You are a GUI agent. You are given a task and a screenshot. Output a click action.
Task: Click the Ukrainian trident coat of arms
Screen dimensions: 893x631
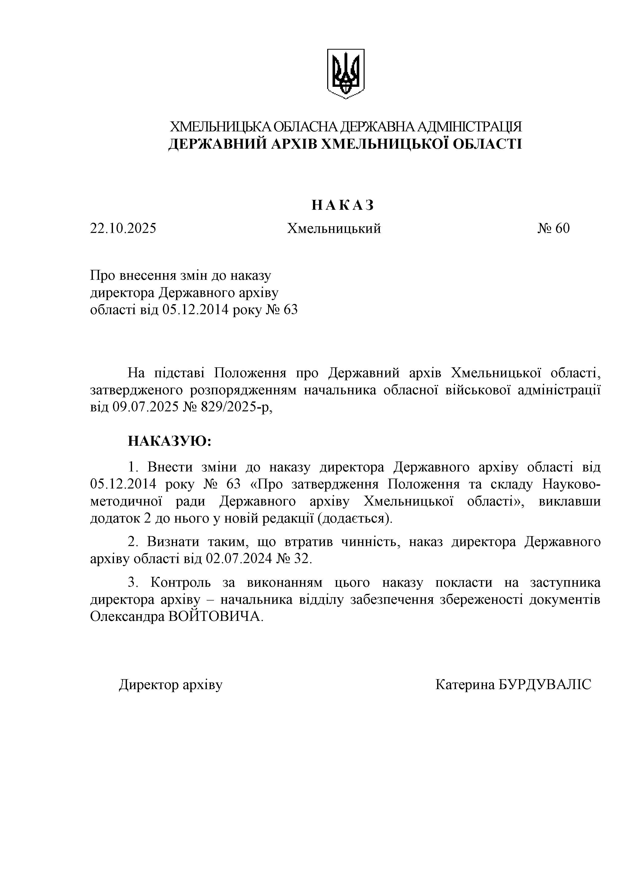(x=345, y=74)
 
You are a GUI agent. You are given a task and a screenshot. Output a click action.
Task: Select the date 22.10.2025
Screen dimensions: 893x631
(x=123, y=228)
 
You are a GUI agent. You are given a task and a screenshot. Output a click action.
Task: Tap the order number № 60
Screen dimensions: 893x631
(x=554, y=228)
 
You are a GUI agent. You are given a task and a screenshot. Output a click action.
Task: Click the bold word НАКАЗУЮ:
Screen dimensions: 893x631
(x=169, y=441)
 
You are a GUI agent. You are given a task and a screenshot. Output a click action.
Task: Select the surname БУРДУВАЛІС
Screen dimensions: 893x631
(x=545, y=685)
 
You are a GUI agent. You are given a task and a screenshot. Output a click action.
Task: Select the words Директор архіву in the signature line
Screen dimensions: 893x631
(x=171, y=685)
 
